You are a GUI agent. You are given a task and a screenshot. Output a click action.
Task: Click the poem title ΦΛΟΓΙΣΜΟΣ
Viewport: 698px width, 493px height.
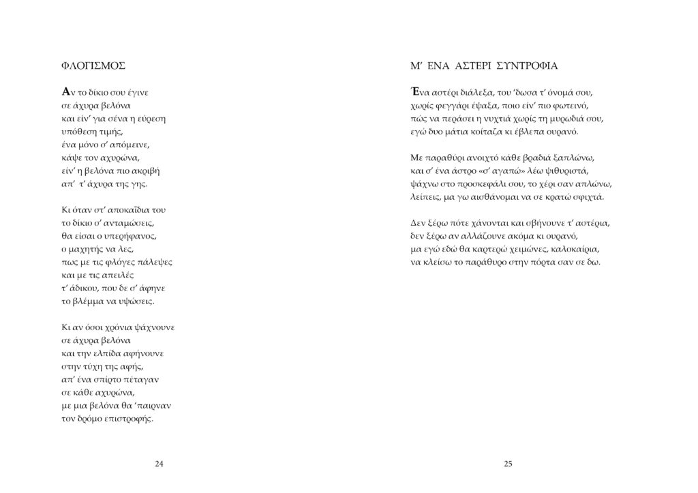click(93, 66)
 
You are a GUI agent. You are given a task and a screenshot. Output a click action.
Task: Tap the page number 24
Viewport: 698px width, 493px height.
click(159, 464)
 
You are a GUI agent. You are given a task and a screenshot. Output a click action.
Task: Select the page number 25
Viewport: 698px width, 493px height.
click(508, 464)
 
